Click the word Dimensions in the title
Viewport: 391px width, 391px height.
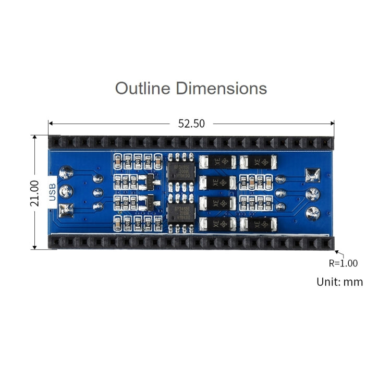tap(221, 88)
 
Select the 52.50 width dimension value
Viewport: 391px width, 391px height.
tap(191, 124)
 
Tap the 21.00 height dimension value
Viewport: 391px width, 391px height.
tap(34, 193)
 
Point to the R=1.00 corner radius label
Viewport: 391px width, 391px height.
tap(343, 263)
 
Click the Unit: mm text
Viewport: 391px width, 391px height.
tap(339, 282)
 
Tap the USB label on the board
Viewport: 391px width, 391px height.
tap(52, 192)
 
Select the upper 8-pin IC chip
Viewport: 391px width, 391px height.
tap(181, 170)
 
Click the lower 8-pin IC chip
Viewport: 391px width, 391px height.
tap(181, 214)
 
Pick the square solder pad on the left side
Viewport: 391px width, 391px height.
tap(66, 211)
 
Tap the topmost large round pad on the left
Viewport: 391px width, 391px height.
tap(66, 172)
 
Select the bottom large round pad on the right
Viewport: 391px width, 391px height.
tap(312, 213)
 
